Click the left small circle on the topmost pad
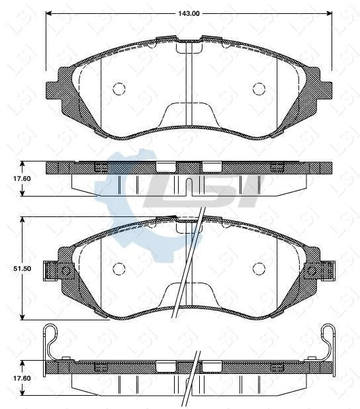pyautogui.click(x=119, y=88)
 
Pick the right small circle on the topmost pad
pyautogui.click(x=260, y=88)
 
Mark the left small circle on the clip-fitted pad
pyautogui.click(x=119, y=268)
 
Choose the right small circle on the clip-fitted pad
pyautogui.click(x=260, y=268)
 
